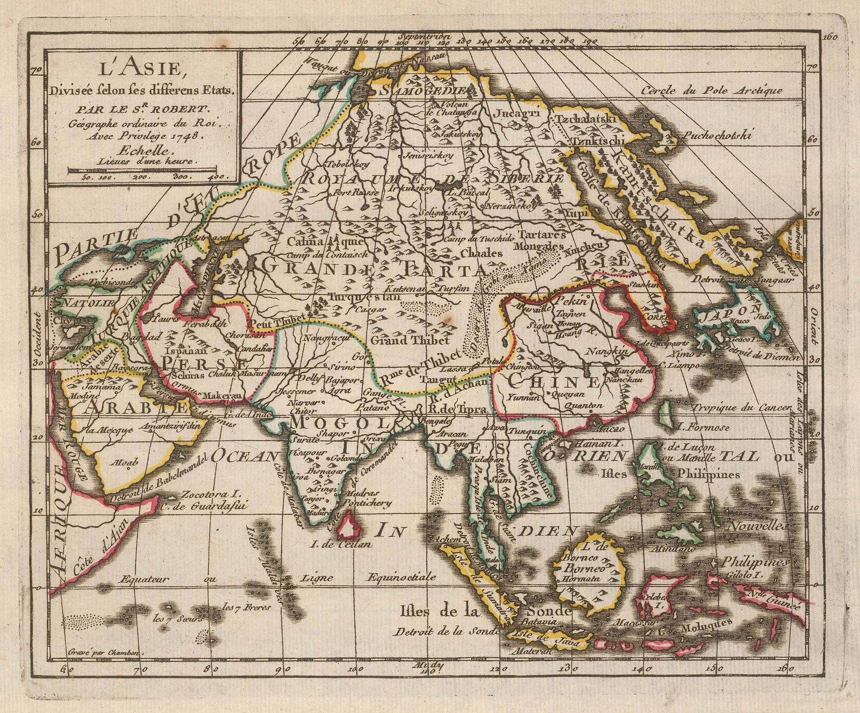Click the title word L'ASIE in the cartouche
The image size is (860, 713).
(142, 70)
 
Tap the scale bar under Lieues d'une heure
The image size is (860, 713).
(142, 169)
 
